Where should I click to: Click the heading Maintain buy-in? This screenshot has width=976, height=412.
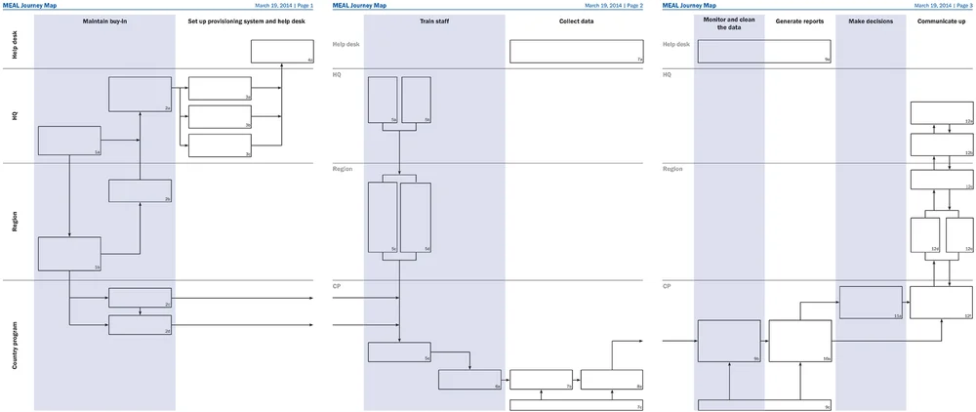tap(105, 21)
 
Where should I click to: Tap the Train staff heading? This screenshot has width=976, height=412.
tap(434, 21)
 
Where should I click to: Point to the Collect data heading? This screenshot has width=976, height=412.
tap(576, 21)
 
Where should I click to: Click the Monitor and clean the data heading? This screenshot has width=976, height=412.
tap(729, 23)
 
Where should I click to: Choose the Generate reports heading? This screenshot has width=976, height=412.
tap(799, 21)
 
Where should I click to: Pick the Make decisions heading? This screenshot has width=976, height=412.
tap(871, 21)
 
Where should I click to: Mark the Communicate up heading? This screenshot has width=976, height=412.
tap(941, 21)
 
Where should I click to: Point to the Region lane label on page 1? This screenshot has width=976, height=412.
tap(15, 222)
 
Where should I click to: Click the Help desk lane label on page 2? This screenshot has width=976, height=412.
tap(346, 44)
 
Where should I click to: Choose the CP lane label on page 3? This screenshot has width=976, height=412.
tap(667, 286)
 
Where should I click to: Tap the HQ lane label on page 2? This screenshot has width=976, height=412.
tap(337, 74)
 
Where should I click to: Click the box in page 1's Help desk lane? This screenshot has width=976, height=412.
tap(282, 52)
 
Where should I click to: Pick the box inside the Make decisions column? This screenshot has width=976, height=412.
tap(871, 303)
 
